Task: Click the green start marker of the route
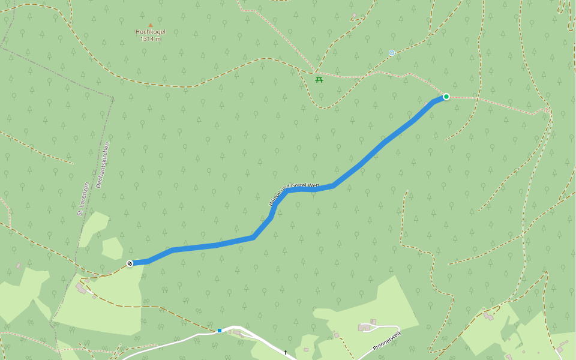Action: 446,96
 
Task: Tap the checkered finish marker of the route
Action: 130,263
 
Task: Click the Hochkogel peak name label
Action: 150,32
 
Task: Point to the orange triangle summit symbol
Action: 150,25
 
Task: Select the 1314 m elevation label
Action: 150,39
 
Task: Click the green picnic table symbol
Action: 319,79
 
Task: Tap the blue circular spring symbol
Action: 392,53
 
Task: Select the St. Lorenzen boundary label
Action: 83,199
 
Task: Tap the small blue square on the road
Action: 220,330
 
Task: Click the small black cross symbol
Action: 285,352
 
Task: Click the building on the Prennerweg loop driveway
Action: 365,328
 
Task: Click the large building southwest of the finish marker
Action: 81,289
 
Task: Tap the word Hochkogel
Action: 150,32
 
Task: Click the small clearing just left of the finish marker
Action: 112,248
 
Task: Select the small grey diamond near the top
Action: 354,16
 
